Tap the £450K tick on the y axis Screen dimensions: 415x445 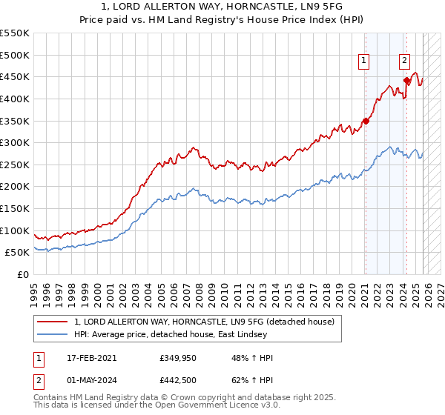click(14, 76)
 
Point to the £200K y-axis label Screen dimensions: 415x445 click(14, 187)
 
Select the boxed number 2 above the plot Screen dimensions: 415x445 click(405, 62)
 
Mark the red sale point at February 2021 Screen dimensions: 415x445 click(366, 121)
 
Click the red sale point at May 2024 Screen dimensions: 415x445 click(406, 80)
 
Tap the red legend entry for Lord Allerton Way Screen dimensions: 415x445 click(205, 322)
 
